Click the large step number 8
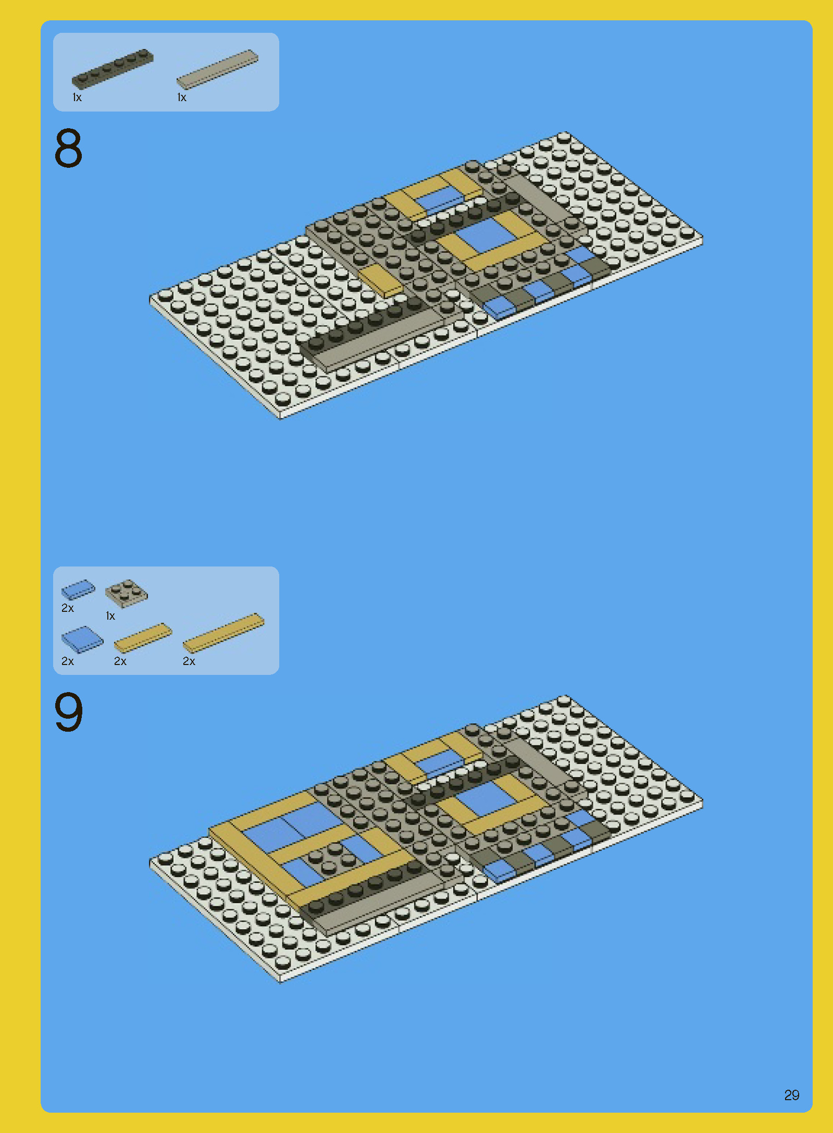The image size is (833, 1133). click(x=68, y=148)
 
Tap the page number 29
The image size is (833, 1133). click(x=791, y=1094)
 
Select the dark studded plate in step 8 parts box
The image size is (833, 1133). click(x=113, y=68)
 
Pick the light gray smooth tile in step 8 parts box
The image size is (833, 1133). click(x=217, y=69)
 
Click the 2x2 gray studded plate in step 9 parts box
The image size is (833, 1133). click(x=126, y=594)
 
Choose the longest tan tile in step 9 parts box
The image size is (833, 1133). click(x=223, y=633)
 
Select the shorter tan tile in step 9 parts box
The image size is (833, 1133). click(x=143, y=637)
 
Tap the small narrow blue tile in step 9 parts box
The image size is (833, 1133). click(x=78, y=589)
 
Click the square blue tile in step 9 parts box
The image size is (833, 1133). click(x=82, y=639)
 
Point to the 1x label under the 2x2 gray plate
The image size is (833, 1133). click(x=110, y=616)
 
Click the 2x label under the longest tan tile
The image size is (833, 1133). click(x=189, y=661)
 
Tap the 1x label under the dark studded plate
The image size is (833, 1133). click(x=77, y=97)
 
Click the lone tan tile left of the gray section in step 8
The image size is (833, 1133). click(x=380, y=280)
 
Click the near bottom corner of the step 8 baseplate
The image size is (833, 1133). click(x=280, y=415)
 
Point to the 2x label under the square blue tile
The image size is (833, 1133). click(x=68, y=661)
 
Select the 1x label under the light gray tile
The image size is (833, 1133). click(x=182, y=97)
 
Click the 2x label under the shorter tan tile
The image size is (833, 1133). click(x=120, y=661)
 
